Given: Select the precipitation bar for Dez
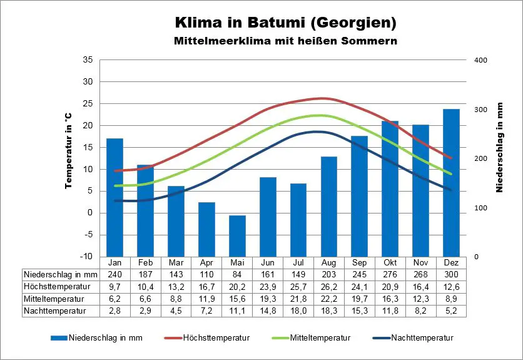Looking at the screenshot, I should (451, 183).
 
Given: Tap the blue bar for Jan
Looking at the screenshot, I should (115, 197).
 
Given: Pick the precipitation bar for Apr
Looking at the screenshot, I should (206, 229).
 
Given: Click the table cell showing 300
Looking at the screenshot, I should (451, 274).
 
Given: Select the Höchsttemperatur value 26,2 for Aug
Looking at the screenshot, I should (329, 286).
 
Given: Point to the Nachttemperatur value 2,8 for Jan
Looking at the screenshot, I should (115, 310).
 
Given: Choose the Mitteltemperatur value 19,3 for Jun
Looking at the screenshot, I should (268, 298).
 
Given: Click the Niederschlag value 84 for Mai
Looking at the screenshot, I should (237, 274).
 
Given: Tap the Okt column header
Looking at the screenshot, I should (390, 262).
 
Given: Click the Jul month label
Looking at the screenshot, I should (298, 262).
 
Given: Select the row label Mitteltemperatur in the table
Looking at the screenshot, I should (55, 298).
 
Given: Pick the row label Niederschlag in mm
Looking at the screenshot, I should (61, 274).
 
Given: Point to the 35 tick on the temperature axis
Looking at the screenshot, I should (88, 60).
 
